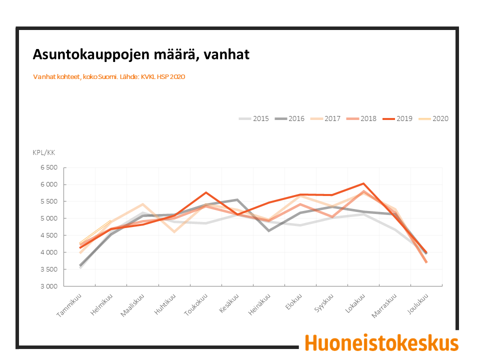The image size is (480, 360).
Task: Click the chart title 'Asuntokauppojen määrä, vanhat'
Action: tap(141, 54)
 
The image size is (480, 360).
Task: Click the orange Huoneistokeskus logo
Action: tap(381, 343)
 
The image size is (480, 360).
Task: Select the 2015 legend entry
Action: tap(254, 119)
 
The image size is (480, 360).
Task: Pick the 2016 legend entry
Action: tap(289, 119)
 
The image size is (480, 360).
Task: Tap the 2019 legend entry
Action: tap(397, 119)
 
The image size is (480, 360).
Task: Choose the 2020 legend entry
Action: tap(433, 119)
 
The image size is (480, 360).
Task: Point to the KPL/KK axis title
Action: tap(44, 153)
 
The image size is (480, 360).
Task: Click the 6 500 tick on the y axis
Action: tap(49, 167)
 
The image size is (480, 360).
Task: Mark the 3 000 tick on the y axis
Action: tap(49, 286)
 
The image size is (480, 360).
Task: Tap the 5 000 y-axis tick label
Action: tap(49, 218)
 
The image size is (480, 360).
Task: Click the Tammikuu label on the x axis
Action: tap(69, 305)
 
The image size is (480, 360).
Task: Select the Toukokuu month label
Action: tap(196, 304)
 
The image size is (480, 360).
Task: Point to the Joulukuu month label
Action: tap(417, 303)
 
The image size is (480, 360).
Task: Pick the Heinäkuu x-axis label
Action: tap(259, 304)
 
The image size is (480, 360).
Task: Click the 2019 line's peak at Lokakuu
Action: tap(363, 183)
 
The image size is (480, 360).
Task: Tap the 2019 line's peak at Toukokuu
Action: tap(206, 192)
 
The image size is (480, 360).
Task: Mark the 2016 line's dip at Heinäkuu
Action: tap(269, 231)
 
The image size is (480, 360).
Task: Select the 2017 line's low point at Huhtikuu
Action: tap(174, 232)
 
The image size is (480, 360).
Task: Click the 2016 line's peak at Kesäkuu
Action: tap(237, 199)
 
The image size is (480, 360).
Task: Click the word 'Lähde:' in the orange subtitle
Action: tap(129, 77)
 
